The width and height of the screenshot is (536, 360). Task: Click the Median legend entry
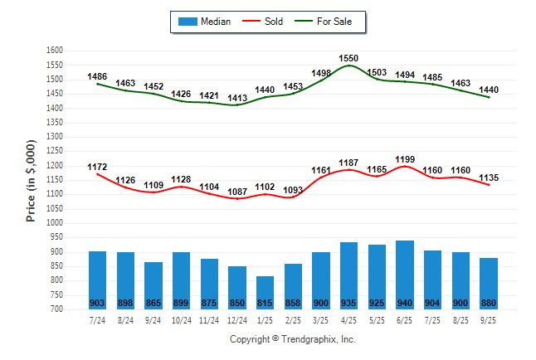pos(204,22)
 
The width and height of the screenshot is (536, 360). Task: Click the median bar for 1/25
pos(266,292)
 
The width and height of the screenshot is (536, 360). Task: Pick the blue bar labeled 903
pos(97,280)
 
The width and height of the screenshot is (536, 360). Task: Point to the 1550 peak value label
pos(349,58)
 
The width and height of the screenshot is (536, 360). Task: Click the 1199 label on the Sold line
pos(406,159)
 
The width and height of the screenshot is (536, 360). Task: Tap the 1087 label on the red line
pos(237,192)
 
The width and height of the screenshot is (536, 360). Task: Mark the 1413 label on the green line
pos(237,99)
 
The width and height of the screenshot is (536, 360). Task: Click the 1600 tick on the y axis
pos(55,51)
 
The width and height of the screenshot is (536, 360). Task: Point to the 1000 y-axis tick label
pos(55,223)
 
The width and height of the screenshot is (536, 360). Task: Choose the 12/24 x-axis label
pos(237,320)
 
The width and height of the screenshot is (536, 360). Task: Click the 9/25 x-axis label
pos(490,320)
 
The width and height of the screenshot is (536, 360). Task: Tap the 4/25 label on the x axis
pos(349,320)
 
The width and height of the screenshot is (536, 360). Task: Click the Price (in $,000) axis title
pos(32,180)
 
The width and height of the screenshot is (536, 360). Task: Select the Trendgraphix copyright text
pos(292,339)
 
